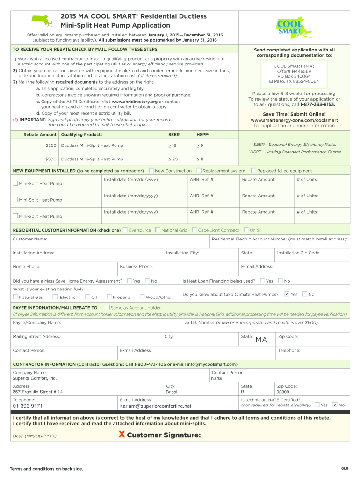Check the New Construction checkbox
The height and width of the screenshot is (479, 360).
151,171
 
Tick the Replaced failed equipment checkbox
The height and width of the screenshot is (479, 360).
254,171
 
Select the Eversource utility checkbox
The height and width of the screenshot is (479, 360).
125,230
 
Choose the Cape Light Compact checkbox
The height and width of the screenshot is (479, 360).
194,230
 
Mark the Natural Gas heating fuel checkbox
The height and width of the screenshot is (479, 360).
15,297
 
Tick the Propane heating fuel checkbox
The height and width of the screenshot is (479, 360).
109,297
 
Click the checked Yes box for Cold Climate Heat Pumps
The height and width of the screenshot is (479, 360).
287,294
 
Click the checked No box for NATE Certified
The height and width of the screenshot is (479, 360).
335,405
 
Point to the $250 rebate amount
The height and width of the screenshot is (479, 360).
50,146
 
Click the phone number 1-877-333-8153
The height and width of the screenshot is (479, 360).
317,105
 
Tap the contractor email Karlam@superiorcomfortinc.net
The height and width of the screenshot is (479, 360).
155,406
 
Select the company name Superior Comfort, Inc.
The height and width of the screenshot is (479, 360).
34,378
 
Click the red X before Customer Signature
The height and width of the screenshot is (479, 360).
122,435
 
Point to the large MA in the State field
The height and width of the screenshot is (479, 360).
261,340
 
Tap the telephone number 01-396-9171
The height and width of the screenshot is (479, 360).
28,406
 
